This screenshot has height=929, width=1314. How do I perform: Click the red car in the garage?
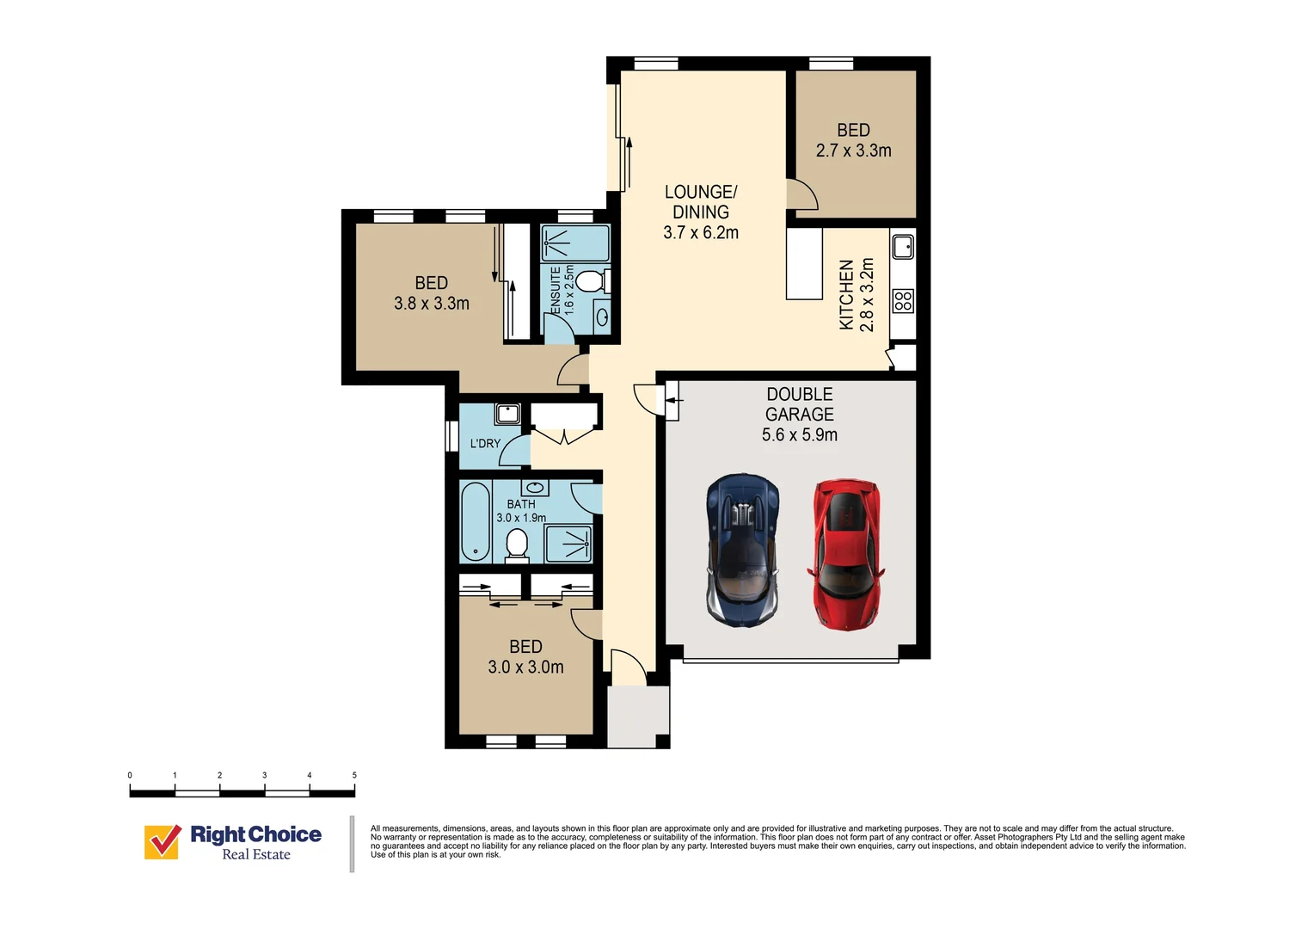click(845, 554)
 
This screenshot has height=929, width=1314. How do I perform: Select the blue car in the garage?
click(743, 550)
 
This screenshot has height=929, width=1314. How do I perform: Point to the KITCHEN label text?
click(846, 295)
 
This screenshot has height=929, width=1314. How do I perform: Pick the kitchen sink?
click(903, 247)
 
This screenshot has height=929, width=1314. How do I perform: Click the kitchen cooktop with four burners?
click(903, 301)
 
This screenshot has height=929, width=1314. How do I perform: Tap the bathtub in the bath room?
click(475, 521)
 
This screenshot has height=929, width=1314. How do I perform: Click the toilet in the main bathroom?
click(517, 544)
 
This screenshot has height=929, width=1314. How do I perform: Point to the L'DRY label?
click(485, 444)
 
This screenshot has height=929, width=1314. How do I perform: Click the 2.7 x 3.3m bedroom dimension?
click(853, 151)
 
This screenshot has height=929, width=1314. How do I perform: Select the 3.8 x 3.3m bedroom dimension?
click(431, 304)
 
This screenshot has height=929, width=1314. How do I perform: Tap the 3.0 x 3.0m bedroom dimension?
click(525, 668)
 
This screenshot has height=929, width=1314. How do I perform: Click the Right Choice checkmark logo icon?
click(162, 842)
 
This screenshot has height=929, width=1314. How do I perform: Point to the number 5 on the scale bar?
click(354, 775)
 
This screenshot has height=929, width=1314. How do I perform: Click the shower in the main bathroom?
click(568, 544)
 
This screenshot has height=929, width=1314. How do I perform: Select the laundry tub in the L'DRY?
click(507, 414)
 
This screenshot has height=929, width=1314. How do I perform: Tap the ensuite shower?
click(575, 243)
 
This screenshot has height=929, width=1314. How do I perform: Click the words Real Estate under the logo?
click(256, 855)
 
